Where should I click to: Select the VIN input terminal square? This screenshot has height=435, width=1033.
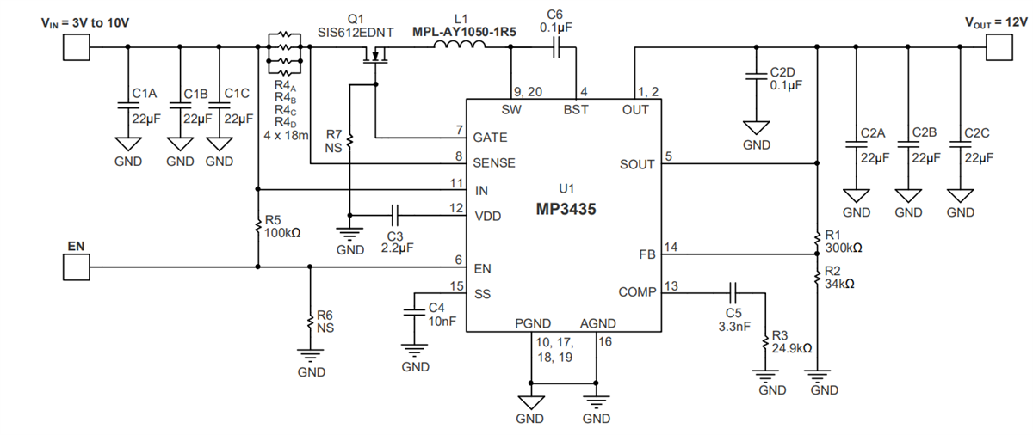(76, 49)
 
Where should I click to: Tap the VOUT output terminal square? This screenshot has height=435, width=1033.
(999, 49)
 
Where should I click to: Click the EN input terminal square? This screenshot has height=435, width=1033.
(76, 267)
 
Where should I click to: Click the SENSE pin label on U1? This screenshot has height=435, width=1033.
(494, 162)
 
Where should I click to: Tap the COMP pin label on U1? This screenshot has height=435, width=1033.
(637, 292)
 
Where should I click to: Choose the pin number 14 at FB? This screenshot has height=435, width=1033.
(671, 247)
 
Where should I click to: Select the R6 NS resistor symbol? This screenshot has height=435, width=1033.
(310, 322)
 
